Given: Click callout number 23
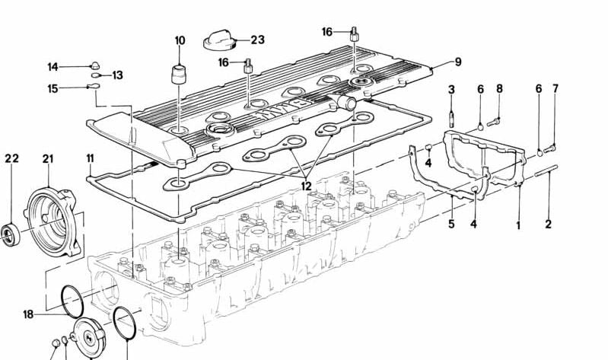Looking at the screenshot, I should [257, 40].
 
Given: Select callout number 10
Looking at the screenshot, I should [180, 40].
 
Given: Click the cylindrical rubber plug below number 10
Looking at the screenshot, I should [180, 76].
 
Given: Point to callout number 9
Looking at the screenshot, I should [458, 62].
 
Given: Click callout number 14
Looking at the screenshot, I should [53, 66].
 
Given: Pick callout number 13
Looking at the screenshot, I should [118, 75].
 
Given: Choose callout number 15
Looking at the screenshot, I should [53, 88].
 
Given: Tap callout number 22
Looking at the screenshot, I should [11, 158].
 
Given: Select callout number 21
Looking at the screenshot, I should [49, 158].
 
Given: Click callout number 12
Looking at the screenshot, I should [306, 185].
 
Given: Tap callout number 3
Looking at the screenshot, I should [451, 90].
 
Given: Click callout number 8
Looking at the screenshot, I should [499, 89].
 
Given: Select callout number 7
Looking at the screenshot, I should [555, 88].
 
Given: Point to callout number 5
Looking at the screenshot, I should [451, 225].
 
